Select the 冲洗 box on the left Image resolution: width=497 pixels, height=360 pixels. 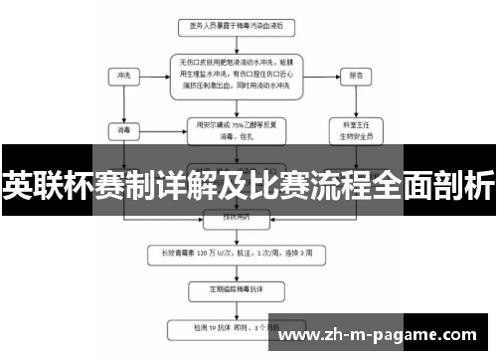coord(124,75)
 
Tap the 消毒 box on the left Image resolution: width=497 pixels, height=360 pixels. coord(124,129)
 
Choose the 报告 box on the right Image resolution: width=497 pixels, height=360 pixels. coord(354,75)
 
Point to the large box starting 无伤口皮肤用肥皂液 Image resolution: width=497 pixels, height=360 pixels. coord(239,74)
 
